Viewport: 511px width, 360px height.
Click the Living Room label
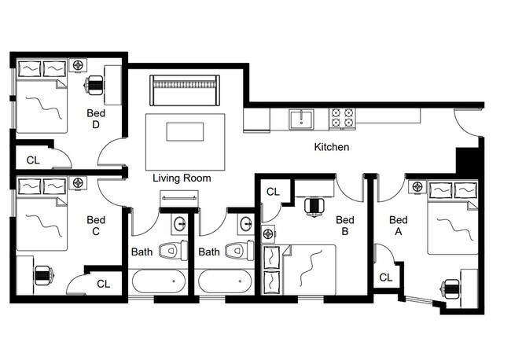[x=182, y=178]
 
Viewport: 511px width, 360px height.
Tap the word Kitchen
[x=331, y=147]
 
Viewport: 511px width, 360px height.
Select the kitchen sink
[x=300, y=119]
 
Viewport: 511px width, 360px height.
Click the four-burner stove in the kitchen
[x=341, y=118]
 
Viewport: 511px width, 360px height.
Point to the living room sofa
[x=185, y=90]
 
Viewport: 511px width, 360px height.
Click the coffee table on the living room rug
[x=185, y=130]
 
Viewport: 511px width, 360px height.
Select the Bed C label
[x=96, y=226]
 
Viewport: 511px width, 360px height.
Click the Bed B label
[x=342, y=226]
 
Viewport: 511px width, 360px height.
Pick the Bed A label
[x=399, y=226]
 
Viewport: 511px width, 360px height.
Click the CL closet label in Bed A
[x=385, y=277]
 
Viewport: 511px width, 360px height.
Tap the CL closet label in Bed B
[x=273, y=191]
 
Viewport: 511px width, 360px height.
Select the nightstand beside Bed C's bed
[x=77, y=184]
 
